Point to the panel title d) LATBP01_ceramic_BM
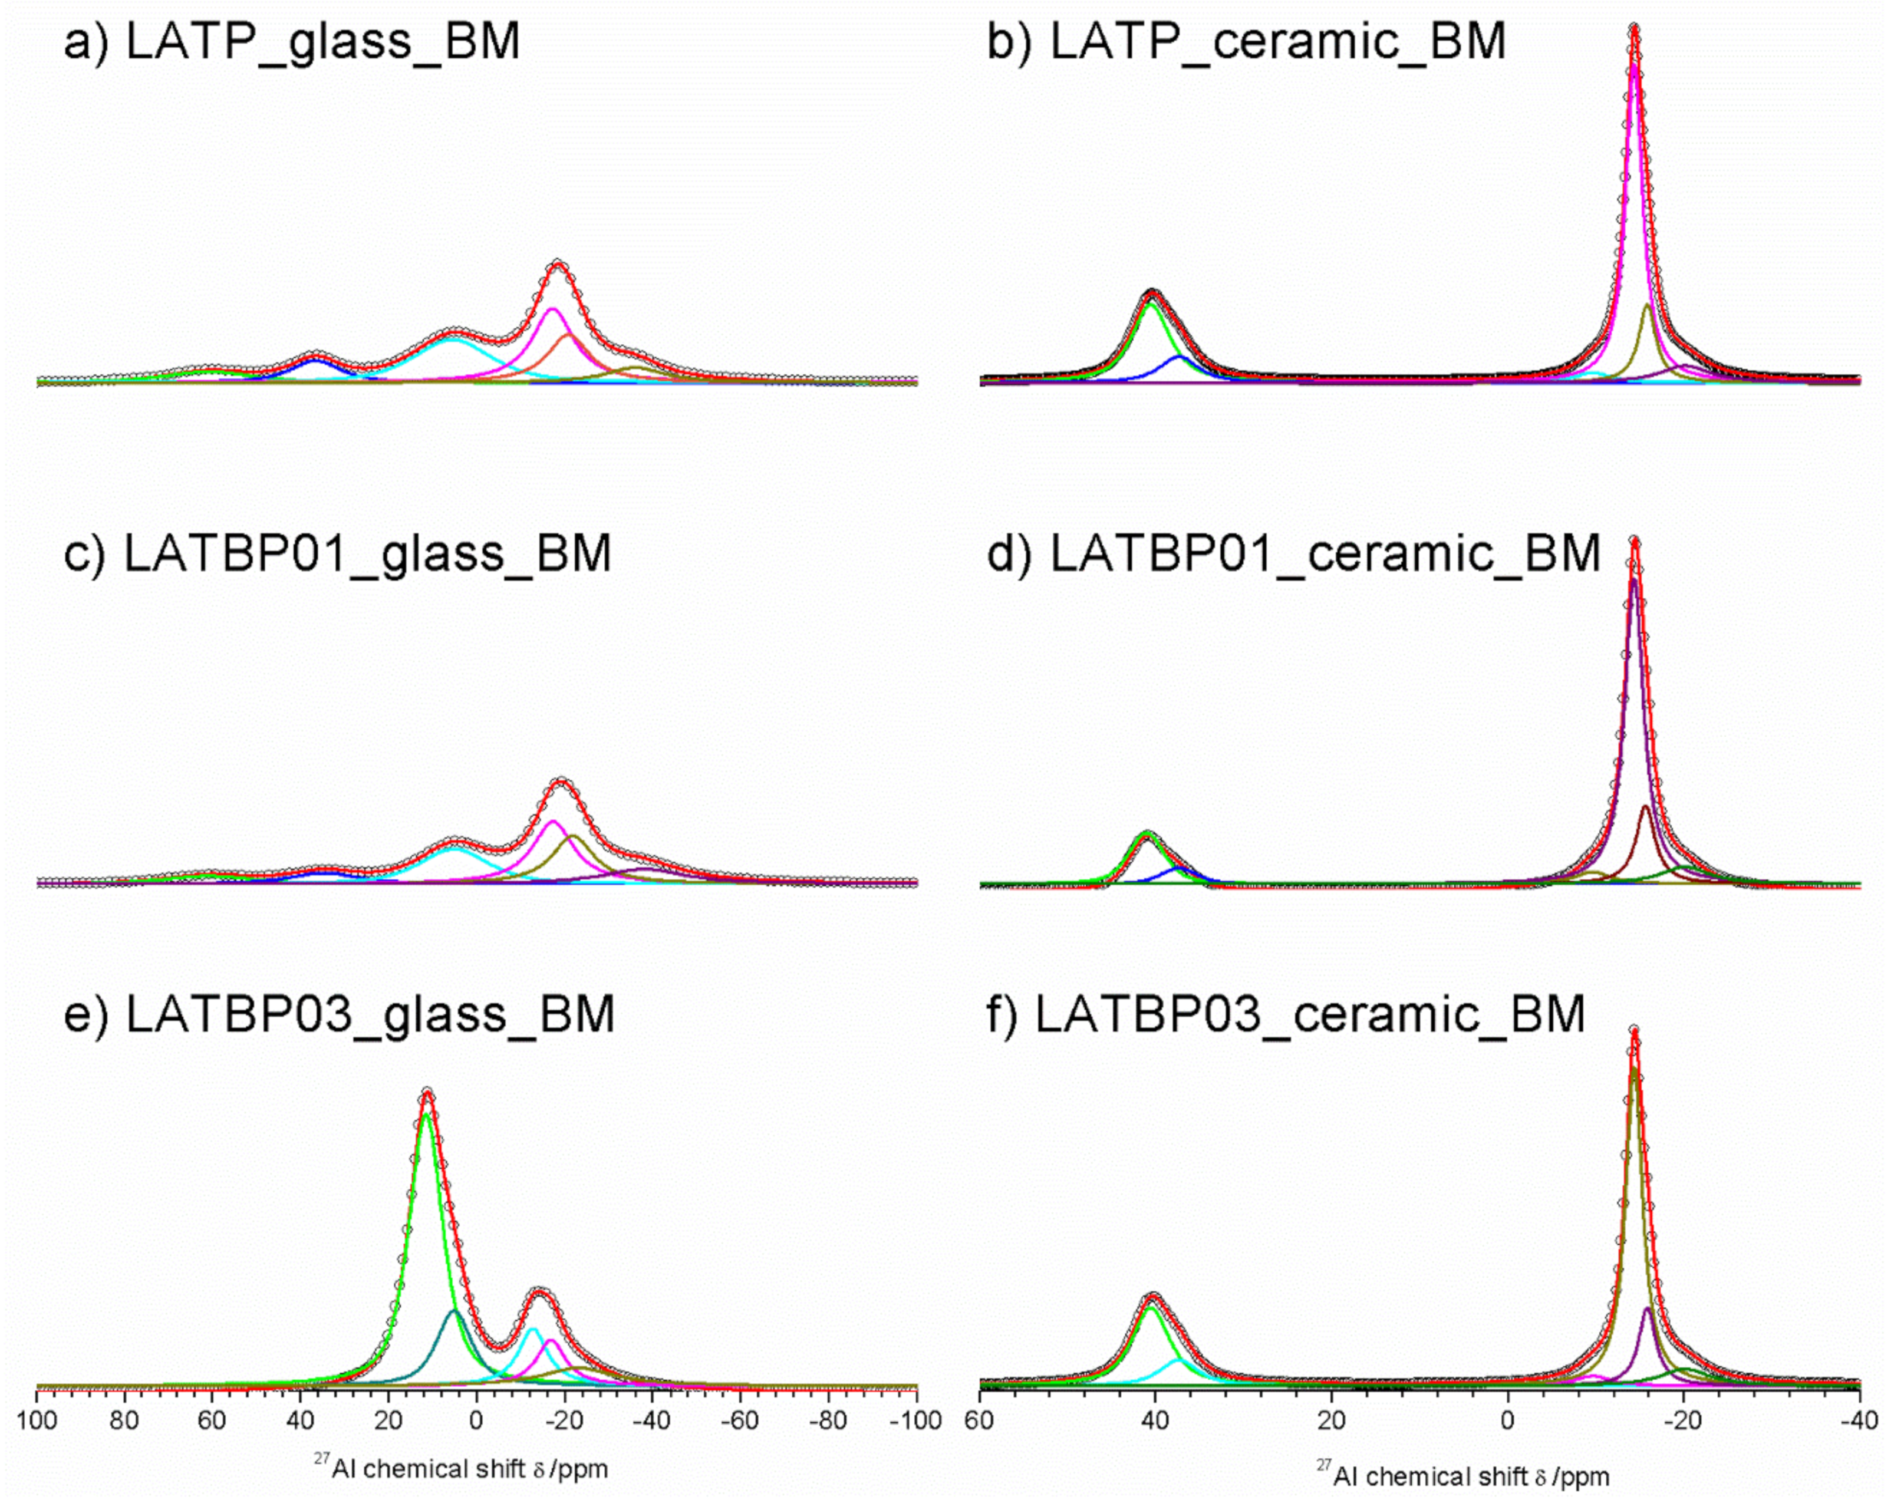tap(1294, 554)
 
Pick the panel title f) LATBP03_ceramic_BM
tap(1286, 1014)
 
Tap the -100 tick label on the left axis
tap(915, 1420)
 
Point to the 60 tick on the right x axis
tap(980, 1420)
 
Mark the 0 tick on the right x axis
tap(1507, 1420)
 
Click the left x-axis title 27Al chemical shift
tap(460, 1468)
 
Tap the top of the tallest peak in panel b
tap(1634, 28)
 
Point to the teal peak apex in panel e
tap(454, 1311)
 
